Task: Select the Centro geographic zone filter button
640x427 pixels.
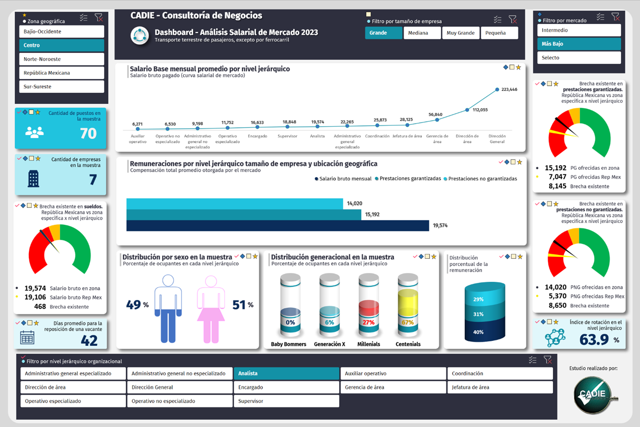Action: [x=62, y=45]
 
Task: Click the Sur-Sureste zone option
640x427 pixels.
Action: [x=62, y=87]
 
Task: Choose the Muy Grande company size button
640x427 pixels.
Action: [x=460, y=33]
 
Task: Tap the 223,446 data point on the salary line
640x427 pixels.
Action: [x=497, y=90]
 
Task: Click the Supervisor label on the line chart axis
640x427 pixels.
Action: [x=288, y=136]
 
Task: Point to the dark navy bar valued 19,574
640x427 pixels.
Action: [x=277, y=225]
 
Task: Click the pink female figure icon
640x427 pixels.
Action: [x=211, y=308]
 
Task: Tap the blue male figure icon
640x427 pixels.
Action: [x=168, y=308]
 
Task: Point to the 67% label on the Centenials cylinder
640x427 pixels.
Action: [x=408, y=322]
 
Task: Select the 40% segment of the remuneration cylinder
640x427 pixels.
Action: [x=479, y=332]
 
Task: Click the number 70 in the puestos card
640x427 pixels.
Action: [x=88, y=133]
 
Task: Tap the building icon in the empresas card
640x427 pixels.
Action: [x=33, y=179]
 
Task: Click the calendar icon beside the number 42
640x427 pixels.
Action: [x=27, y=337]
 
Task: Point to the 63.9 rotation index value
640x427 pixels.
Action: [x=594, y=339]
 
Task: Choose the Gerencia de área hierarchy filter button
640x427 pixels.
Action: [x=393, y=387]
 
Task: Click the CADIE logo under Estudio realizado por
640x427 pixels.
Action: [x=593, y=394]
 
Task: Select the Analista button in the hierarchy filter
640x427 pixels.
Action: [x=286, y=374]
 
